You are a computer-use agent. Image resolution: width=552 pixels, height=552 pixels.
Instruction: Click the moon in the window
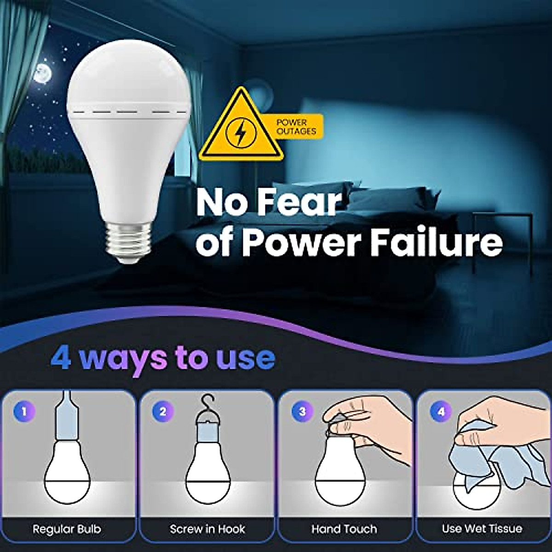[42, 72]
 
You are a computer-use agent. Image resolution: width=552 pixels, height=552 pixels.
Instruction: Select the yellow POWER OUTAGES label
[296, 127]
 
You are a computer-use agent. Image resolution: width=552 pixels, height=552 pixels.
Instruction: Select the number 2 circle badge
[162, 411]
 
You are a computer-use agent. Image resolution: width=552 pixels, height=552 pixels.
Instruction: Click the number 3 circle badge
[302, 411]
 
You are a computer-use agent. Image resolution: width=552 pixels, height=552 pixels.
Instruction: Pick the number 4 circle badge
[441, 411]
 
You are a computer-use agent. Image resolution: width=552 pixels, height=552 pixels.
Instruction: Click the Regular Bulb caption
[67, 529]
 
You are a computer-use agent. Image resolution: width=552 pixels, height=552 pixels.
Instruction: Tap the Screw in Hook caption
[207, 529]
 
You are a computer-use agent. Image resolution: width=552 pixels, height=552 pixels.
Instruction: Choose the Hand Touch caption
[344, 529]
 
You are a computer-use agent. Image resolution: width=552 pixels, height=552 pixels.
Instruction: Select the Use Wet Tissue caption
[482, 529]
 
